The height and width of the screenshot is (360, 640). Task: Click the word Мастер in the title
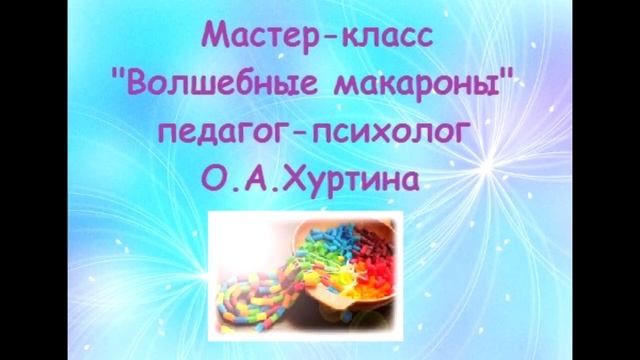point(255,38)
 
